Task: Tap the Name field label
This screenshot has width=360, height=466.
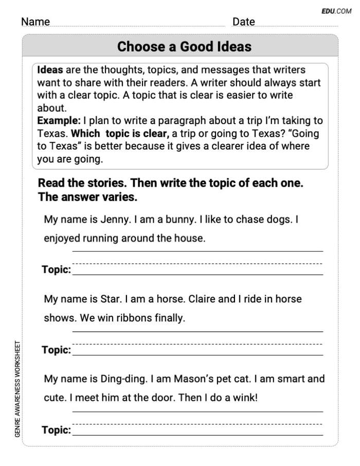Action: (35, 22)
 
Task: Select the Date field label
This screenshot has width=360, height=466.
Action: (243, 22)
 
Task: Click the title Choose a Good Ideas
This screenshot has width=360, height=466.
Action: (184, 47)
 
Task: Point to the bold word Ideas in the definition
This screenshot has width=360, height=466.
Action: (50, 70)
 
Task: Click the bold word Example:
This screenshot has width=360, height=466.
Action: (59, 121)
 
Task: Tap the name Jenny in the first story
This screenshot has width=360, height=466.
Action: (115, 219)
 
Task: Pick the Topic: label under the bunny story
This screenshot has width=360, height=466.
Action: (56, 270)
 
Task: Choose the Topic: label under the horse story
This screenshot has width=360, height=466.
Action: (56, 350)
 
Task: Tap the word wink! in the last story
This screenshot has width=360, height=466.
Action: (244, 398)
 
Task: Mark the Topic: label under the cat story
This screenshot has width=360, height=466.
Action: (56, 430)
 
